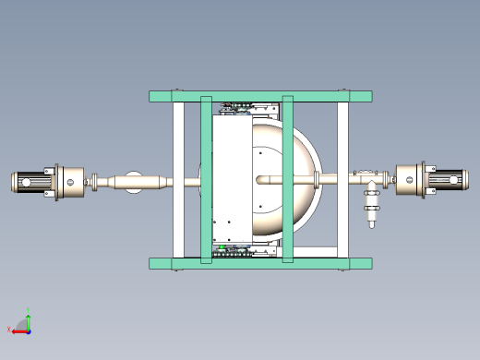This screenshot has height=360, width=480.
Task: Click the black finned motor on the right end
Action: coord(447,181)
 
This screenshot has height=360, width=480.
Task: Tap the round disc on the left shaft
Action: coord(133,182)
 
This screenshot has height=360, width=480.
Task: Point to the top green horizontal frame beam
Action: coord(260,96)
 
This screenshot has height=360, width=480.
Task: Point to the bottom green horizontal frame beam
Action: coord(260,263)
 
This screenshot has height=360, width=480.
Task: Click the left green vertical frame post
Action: coord(207,180)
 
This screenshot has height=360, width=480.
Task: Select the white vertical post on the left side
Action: coord(178,180)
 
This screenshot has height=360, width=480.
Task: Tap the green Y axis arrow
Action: coord(29,320)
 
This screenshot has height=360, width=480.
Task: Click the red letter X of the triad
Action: coord(9,329)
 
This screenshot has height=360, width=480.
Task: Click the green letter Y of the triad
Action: coord(30,311)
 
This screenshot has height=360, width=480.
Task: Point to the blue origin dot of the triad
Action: coord(29,330)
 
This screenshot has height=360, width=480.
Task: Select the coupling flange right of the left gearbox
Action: coord(91,182)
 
